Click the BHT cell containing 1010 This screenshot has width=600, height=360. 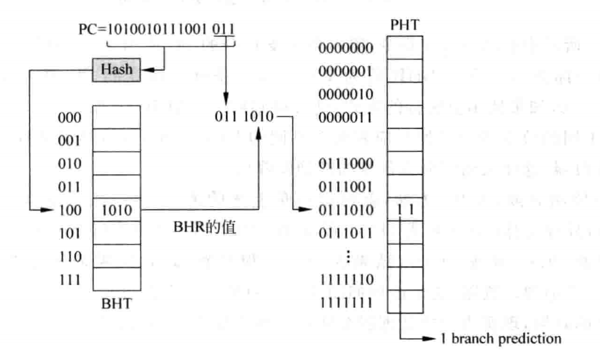(116, 208)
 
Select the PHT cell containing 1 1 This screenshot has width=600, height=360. (405, 208)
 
